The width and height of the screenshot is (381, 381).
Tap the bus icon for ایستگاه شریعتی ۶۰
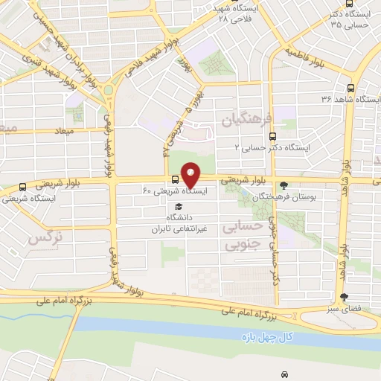pyautogui.click(x=175, y=179)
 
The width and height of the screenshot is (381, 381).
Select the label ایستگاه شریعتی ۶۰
pyautogui.click(x=174, y=191)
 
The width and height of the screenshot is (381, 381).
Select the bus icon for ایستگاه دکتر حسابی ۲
pyautogui.click(x=272, y=136)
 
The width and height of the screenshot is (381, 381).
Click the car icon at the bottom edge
pyautogui.click(x=284, y=374)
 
